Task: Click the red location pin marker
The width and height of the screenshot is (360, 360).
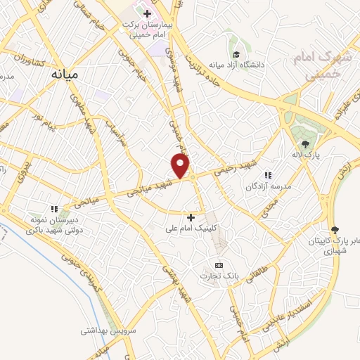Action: point(181,165)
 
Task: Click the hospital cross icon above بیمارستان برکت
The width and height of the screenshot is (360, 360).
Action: point(146,13)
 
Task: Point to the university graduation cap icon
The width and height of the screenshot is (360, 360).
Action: point(237,54)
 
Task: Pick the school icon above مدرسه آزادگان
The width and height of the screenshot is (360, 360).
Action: point(267,175)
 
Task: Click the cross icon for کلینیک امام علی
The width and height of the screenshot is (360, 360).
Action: point(191,217)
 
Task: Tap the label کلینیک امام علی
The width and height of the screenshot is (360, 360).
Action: point(188,229)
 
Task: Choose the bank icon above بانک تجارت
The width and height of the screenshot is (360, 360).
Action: point(218,265)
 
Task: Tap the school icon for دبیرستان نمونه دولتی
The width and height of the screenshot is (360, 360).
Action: point(53,209)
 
